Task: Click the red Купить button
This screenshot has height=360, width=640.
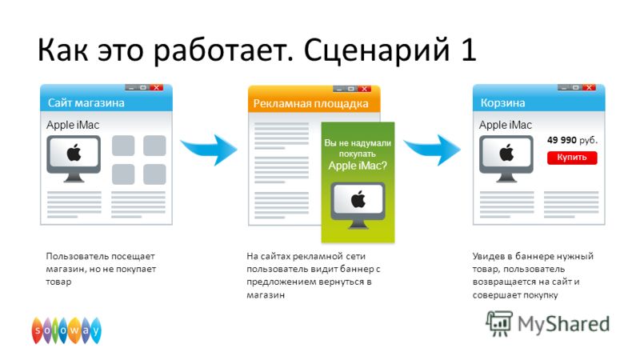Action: click(x=572, y=158)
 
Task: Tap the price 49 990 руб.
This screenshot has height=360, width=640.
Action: click(x=572, y=140)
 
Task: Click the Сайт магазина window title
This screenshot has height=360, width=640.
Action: click(x=86, y=103)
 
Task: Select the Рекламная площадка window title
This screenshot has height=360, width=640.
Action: click(x=310, y=104)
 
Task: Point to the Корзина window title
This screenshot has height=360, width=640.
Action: click(x=502, y=103)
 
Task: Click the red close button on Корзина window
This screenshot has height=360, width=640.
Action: click(x=589, y=87)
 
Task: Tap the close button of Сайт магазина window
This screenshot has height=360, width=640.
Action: click(x=156, y=87)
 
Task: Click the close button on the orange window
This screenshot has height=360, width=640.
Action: click(x=365, y=89)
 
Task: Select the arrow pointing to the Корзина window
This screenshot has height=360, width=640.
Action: click(x=434, y=150)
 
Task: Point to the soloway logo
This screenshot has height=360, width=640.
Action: click(x=66, y=330)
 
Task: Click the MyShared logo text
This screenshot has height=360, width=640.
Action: click(x=563, y=324)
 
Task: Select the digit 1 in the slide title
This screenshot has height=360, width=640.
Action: click(x=469, y=50)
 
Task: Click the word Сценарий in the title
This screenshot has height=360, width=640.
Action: click(x=376, y=50)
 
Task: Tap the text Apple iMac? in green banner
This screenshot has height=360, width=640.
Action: click(x=358, y=166)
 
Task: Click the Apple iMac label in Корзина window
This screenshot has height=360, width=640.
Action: click(x=506, y=125)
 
